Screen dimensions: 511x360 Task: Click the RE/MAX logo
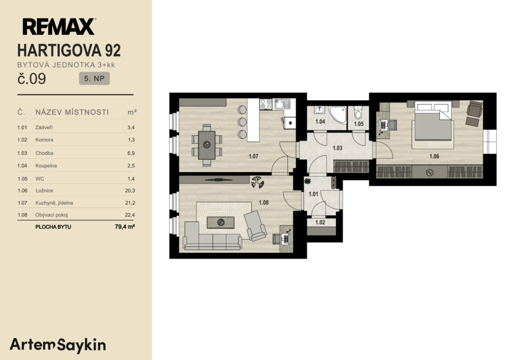[59, 26]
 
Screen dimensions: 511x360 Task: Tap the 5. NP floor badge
[94, 78]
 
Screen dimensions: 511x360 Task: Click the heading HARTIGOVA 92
[69, 50]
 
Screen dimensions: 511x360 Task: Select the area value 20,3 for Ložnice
[130, 190]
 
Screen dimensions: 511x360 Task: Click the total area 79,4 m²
[125, 227]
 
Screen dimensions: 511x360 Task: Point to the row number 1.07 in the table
[22, 203]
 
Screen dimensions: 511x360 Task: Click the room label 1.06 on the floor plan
[434, 156]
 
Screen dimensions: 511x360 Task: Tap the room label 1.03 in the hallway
[337, 148]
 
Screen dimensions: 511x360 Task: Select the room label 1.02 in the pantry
[320, 222]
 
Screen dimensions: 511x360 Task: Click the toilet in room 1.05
[358, 112]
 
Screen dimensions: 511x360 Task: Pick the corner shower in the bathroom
[337, 115]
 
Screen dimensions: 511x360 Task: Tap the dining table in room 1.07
[207, 145]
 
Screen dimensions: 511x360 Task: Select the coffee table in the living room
[221, 222]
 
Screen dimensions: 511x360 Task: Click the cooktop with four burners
[266, 104]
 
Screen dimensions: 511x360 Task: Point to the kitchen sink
[282, 104]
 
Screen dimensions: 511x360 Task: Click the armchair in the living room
[255, 226]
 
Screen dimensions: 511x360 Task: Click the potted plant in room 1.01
[307, 181]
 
